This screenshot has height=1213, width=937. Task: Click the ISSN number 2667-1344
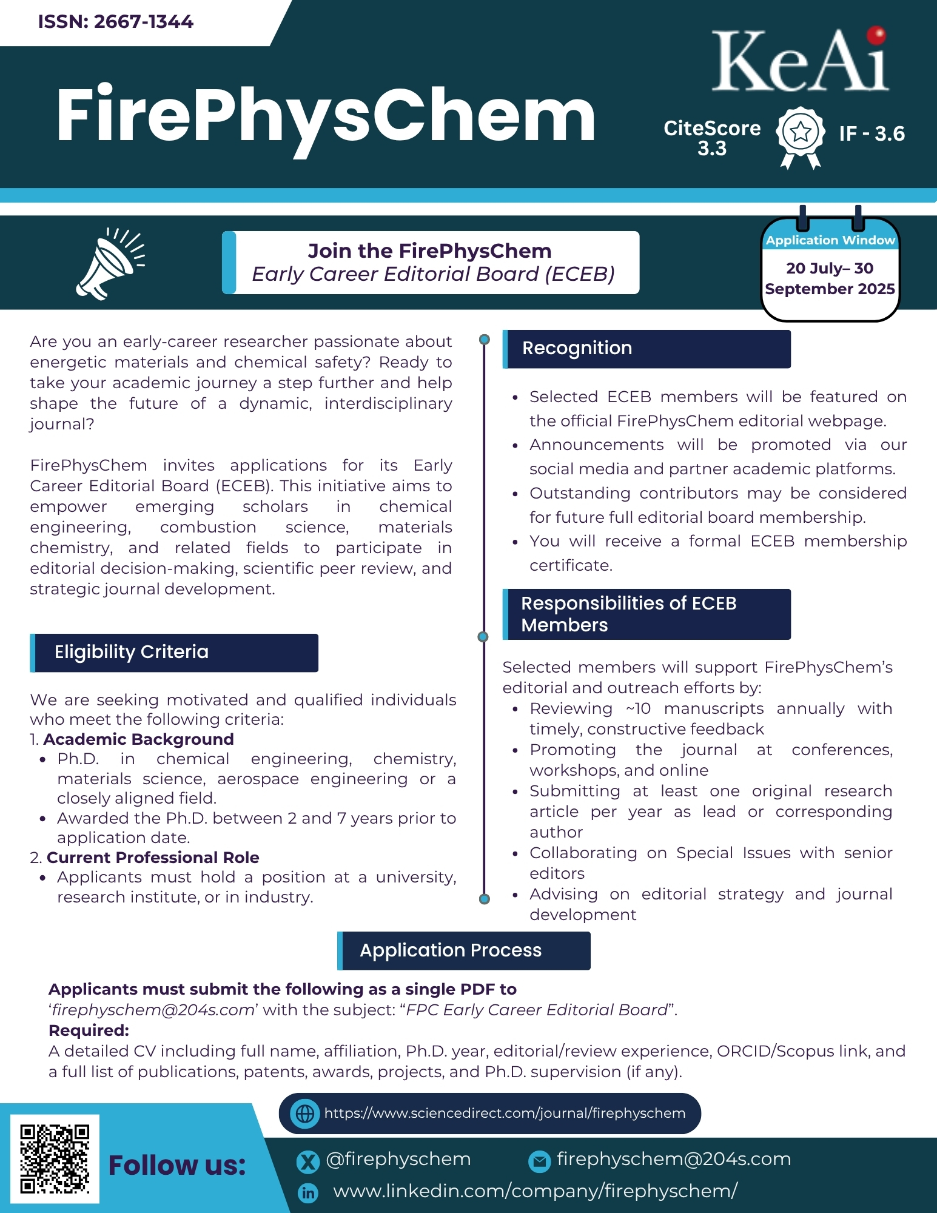115,22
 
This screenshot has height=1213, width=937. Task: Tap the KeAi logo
799,62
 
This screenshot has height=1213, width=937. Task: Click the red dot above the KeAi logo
876,35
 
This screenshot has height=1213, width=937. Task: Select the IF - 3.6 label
872,133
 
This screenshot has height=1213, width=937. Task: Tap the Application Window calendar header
830,240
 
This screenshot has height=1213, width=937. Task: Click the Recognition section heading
577,348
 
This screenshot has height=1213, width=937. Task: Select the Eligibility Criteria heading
132,652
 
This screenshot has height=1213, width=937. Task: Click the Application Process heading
450,950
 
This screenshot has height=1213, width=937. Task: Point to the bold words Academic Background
138,739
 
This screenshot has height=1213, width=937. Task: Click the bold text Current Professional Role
153,858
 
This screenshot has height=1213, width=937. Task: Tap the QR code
55,1158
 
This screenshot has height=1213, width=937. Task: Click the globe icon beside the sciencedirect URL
305,1114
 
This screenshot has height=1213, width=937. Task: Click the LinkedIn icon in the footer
308,1193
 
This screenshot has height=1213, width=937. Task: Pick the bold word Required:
89,1030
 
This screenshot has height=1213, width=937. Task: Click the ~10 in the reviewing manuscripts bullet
638,708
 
